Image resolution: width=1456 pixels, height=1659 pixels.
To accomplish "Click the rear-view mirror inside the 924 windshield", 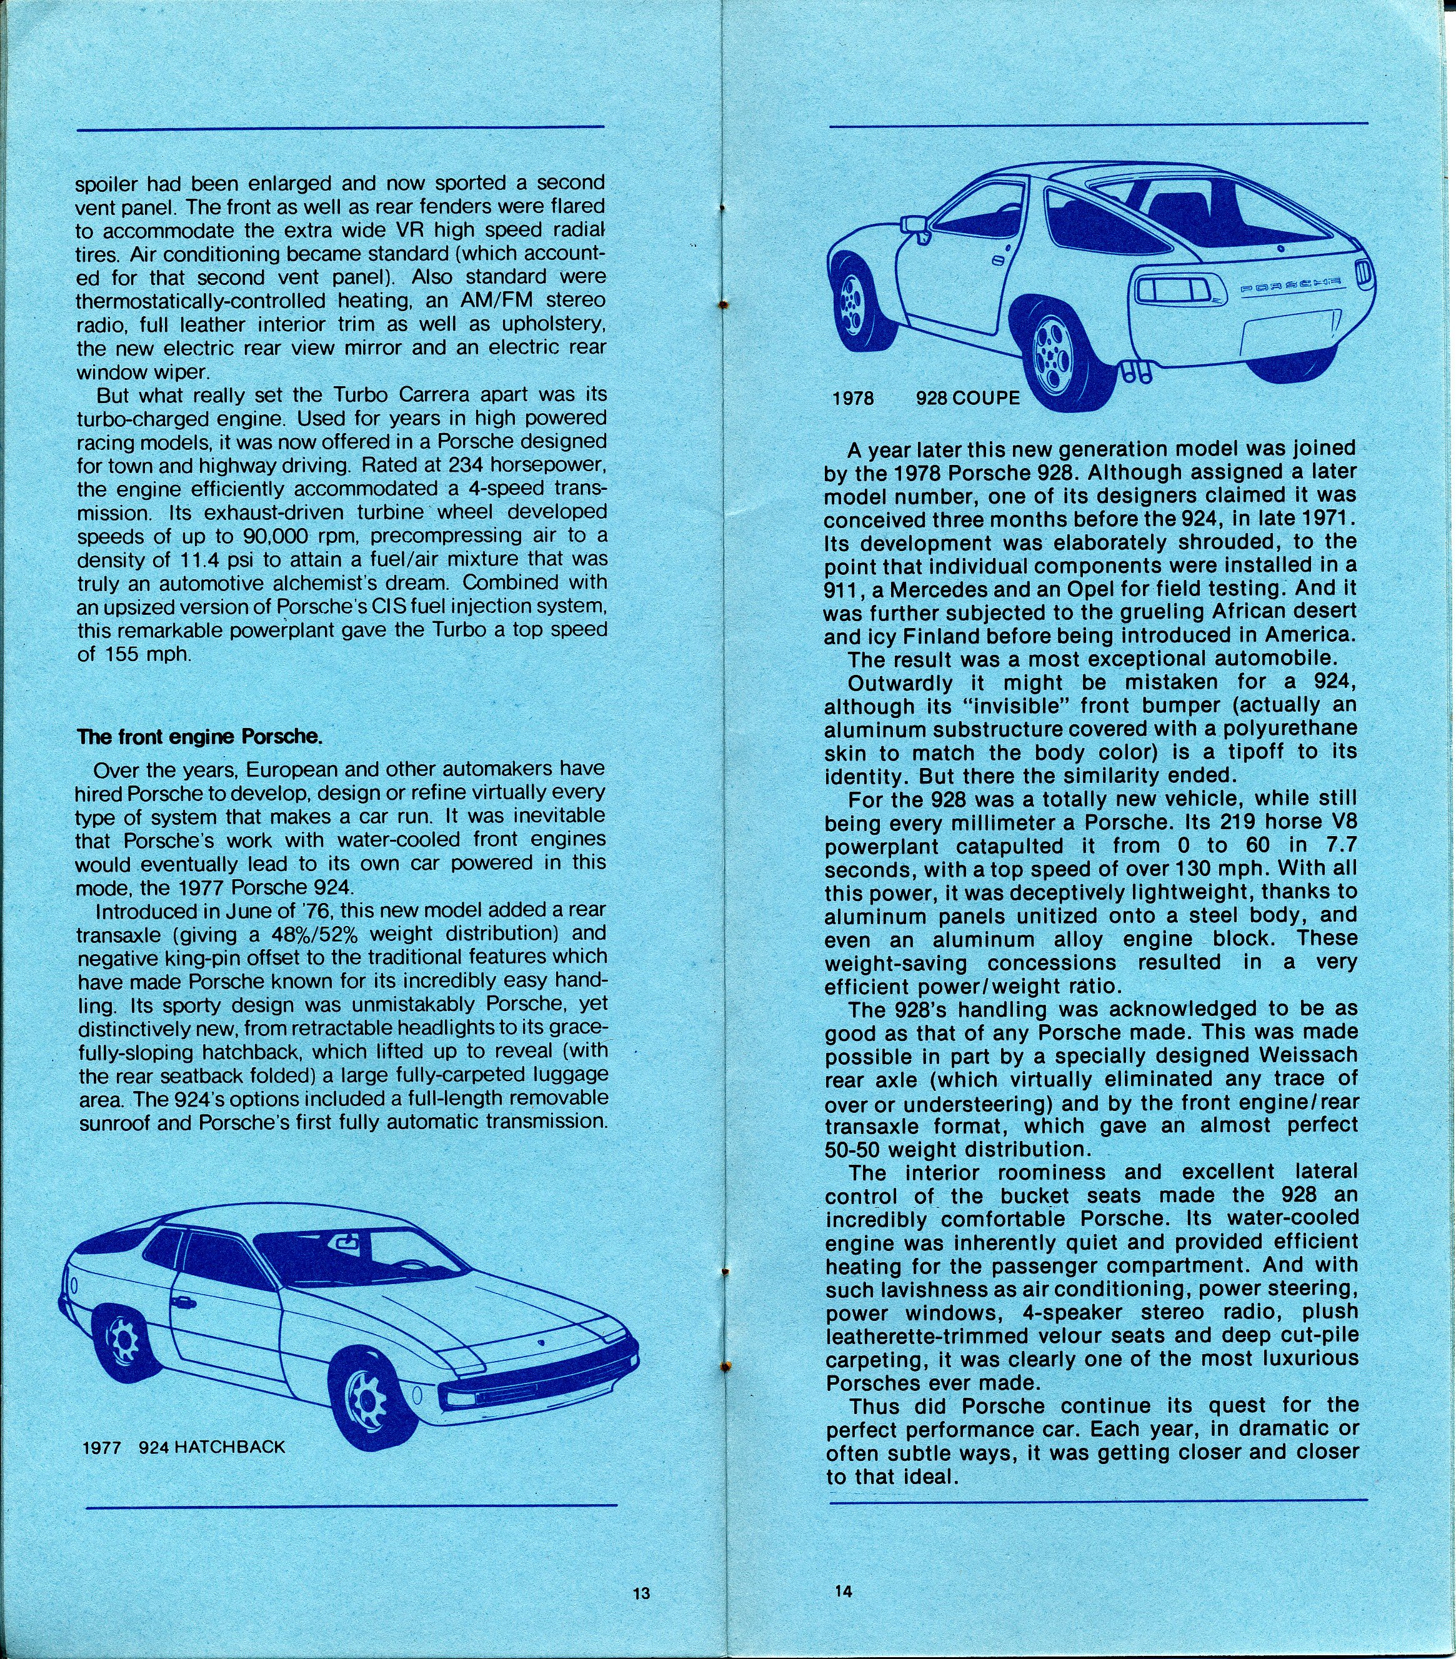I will click(347, 1241).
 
